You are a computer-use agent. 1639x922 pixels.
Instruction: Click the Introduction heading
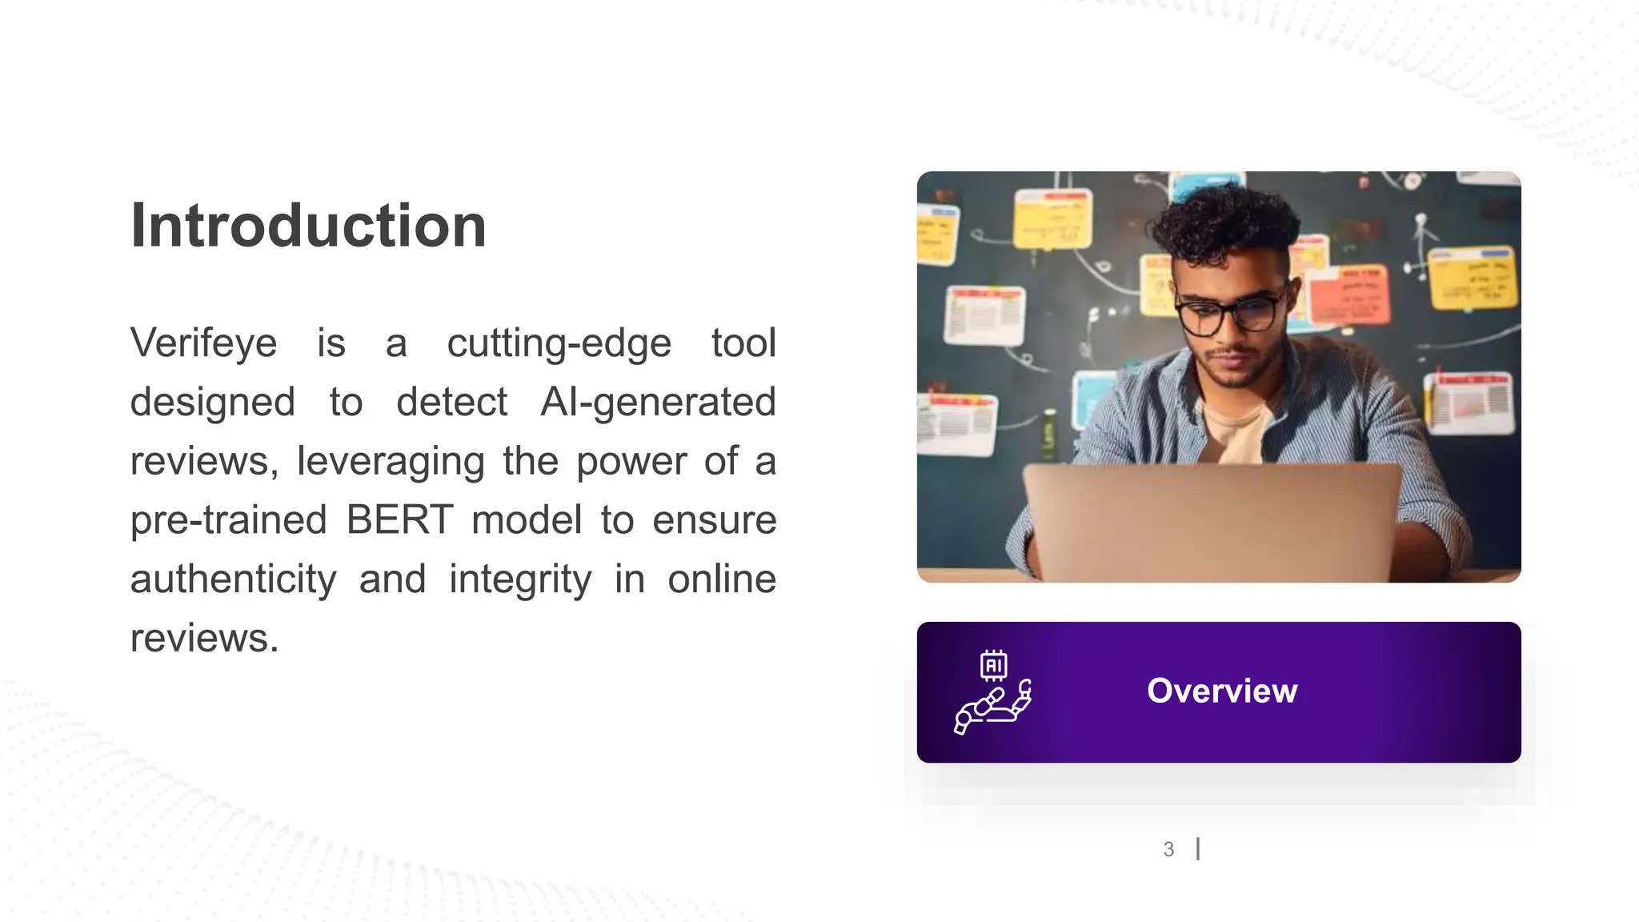click(x=308, y=226)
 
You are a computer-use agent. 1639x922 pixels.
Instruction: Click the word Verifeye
click(x=203, y=343)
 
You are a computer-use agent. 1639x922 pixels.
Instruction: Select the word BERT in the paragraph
click(x=399, y=520)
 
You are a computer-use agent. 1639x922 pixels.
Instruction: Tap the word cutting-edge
click(x=559, y=343)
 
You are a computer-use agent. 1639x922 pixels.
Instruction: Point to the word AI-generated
click(x=658, y=402)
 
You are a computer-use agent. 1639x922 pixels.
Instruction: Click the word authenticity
click(x=233, y=579)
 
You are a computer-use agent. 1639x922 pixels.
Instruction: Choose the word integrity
click(x=520, y=579)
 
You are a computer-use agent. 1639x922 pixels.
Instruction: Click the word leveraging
click(x=391, y=462)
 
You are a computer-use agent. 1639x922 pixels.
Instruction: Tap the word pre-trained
click(x=229, y=520)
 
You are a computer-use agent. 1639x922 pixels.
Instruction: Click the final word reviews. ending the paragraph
click(x=204, y=639)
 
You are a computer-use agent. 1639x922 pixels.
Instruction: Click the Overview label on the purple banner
click(x=1221, y=691)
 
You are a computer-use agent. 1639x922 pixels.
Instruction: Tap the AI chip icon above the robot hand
click(x=993, y=665)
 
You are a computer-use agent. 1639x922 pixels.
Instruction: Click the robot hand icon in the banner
click(x=992, y=708)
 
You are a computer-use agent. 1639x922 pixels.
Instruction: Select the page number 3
click(x=1168, y=849)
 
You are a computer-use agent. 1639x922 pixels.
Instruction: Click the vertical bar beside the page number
click(x=1198, y=848)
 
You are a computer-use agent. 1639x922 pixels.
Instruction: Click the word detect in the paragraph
click(x=451, y=402)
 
